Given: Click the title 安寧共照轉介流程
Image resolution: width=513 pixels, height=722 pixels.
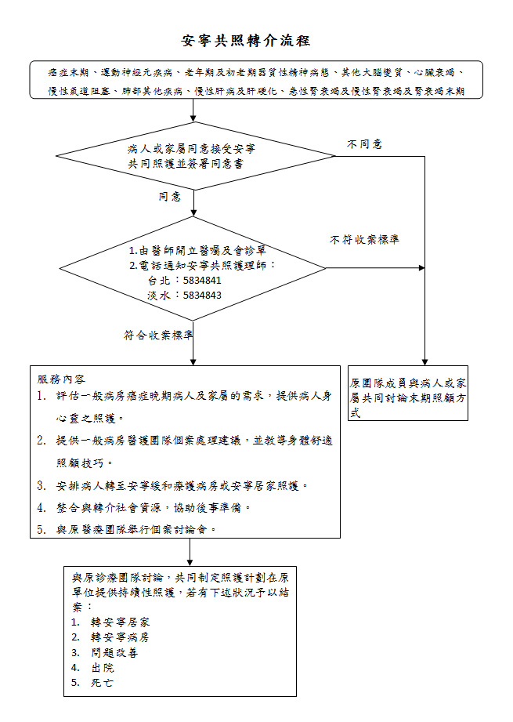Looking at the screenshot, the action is pyautogui.click(x=246, y=41).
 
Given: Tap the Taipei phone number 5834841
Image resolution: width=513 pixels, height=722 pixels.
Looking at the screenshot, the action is pyautogui.click(x=202, y=281).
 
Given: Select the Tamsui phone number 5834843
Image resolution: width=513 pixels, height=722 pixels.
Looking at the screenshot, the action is pyautogui.click(x=202, y=296).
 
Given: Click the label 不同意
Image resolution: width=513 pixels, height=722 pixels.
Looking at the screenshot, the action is pyautogui.click(x=364, y=144).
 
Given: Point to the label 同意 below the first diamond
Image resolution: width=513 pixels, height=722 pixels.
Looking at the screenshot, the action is pyautogui.click(x=170, y=197).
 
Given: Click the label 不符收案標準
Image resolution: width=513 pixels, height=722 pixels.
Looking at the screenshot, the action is pyautogui.click(x=364, y=239).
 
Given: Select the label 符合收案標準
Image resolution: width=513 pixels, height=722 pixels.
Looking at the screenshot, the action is pyautogui.click(x=158, y=335).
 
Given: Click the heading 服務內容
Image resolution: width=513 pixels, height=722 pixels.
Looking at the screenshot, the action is pyautogui.click(x=61, y=379).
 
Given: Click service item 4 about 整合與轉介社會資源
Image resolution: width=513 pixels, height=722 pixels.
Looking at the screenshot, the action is pyautogui.click(x=144, y=508).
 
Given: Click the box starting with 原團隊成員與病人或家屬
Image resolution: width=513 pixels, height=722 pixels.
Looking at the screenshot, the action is pyautogui.click(x=407, y=393).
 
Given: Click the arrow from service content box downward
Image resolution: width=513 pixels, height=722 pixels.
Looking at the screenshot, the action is pyautogui.click(x=190, y=552).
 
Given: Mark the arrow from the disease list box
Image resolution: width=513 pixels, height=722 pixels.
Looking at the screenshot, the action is pyautogui.click(x=193, y=110).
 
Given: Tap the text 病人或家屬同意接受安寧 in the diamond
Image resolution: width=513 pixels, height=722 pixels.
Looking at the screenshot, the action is pyautogui.click(x=191, y=149).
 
